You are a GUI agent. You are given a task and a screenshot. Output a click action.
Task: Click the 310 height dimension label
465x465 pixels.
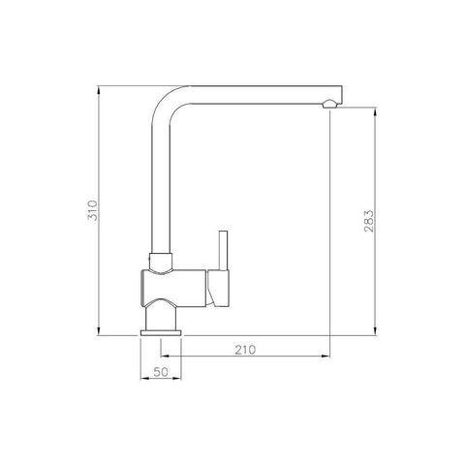(x=93, y=210)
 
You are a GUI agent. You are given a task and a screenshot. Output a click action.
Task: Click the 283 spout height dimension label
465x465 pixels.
(x=368, y=221)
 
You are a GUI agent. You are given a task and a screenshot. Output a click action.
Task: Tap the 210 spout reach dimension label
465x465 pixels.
(x=245, y=350)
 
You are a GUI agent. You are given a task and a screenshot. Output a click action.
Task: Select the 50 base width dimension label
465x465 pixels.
(x=161, y=372)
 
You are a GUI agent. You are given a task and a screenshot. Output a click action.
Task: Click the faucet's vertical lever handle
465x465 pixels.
(x=223, y=251)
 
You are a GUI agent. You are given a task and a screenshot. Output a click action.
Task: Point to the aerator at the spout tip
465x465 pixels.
(x=329, y=104)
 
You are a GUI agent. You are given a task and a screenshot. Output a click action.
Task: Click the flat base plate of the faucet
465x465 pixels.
(x=161, y=333)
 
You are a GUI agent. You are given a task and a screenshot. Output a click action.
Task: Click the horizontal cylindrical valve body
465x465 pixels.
(x=173, y=288)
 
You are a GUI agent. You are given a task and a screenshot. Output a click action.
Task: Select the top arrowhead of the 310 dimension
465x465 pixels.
(x=99, y=90)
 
